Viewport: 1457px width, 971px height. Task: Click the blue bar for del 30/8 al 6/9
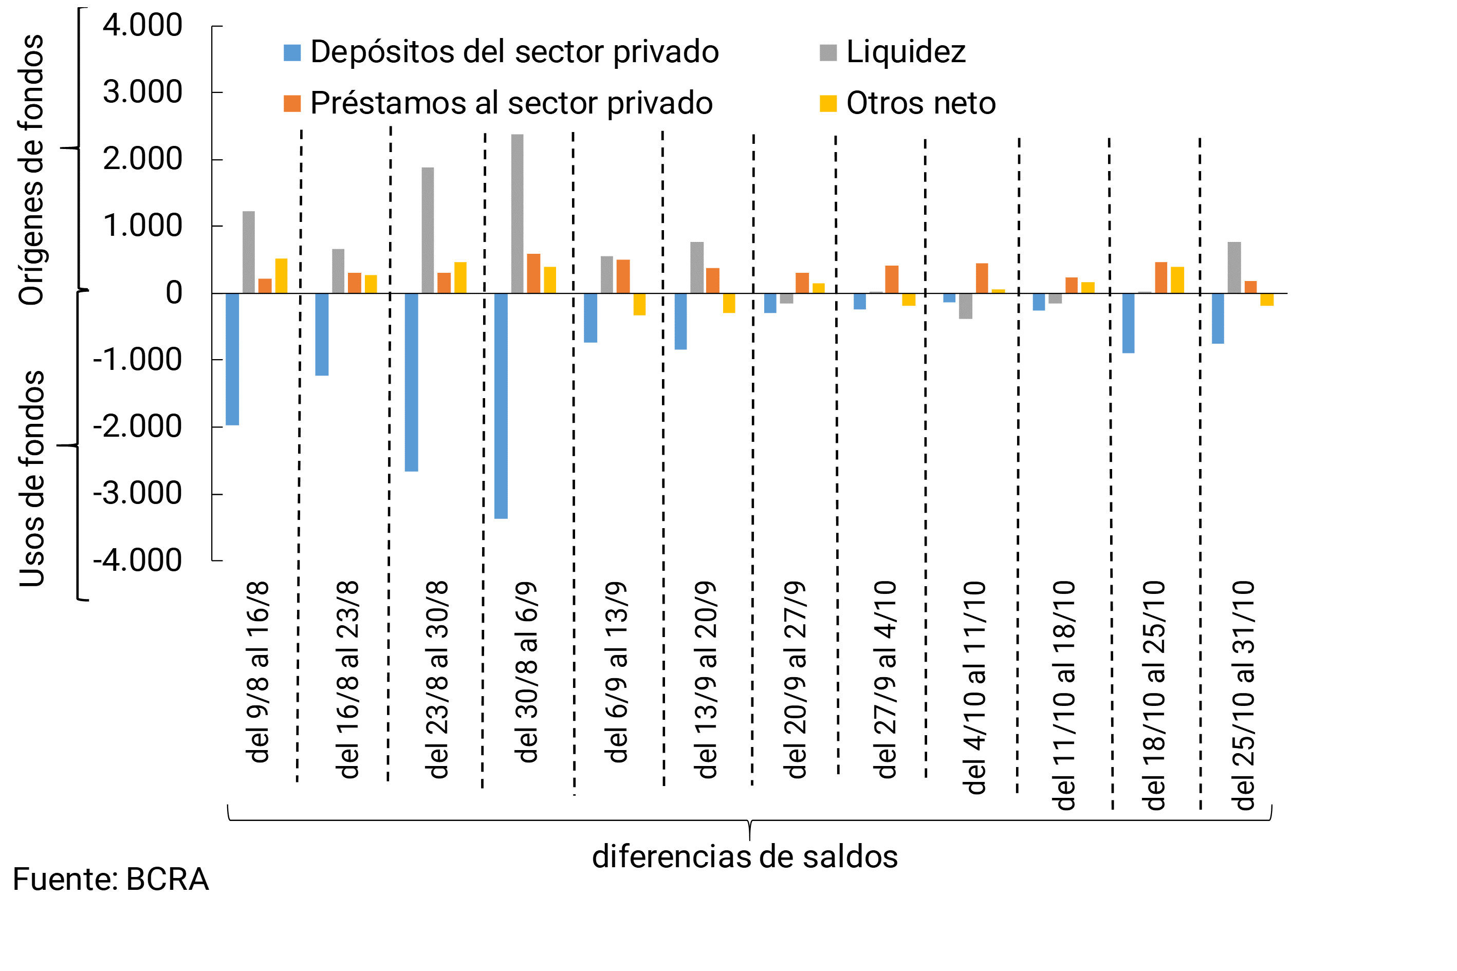click(x=501, y=406)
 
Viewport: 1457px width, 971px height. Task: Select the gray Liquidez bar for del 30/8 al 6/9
click(x=517, y=214)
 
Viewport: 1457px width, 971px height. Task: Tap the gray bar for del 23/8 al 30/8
click(x=428, y=230)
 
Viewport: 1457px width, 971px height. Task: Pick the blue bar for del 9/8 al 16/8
click(x=232, y=359)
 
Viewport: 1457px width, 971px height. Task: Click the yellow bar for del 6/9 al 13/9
click(x=639, y=304)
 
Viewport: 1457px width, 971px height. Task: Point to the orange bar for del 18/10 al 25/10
click(x=1160, y=277)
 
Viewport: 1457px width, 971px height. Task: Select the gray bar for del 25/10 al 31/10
click(x=1234, y=268)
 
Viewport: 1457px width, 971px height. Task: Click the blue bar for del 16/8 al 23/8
click(x=322, y=334)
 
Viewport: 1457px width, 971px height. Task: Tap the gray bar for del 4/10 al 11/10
click(x=965, y=306)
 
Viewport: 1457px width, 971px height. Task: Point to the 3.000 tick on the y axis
click(x=142, y=92)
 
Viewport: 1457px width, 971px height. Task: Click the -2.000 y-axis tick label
click(x=138, y=426)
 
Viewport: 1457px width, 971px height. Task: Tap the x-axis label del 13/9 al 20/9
click(x=706, y=679)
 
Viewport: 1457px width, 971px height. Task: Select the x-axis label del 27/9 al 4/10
click(x=884, y=679)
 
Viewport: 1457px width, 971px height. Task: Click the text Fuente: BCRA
click(x=110, y=880)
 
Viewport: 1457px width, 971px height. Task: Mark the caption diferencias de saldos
click(x=745, y=857)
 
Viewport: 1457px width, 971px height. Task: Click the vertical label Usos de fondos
click(x=32, y=479)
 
